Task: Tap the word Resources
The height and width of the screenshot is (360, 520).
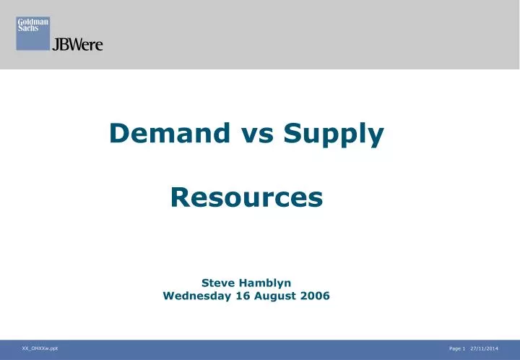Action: click(x=246, y=196)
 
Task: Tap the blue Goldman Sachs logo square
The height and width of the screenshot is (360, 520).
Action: click(x=32, y=33)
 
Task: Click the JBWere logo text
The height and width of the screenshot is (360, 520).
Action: click(x=77, y=45)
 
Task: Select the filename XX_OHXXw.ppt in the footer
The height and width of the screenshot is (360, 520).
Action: click(x=40, y=348)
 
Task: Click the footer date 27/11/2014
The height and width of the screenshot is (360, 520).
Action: click(x=484, y=349)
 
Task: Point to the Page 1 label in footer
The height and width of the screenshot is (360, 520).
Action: click(x=456, y=349)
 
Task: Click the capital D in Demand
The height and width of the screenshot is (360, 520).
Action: click(x=119, y=133)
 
